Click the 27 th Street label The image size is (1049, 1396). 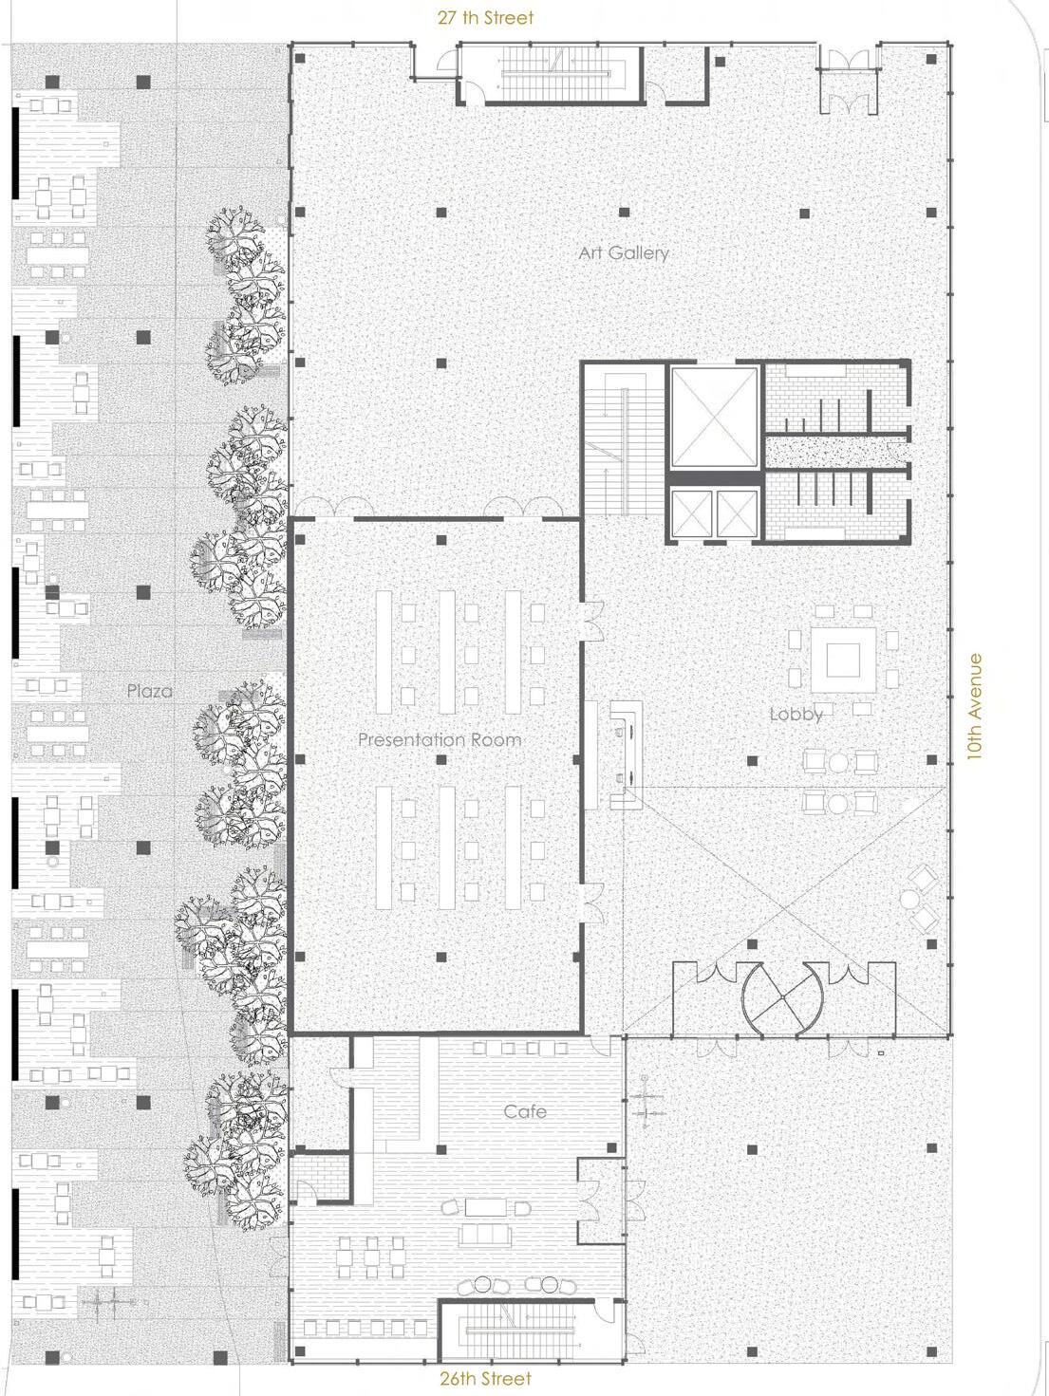tap(485, 18)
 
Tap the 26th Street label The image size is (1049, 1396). tap(485, 1378)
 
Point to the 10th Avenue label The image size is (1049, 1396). tap(974, 707)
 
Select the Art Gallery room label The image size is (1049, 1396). tap(624, 253)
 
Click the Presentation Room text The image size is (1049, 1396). tap(440, 739)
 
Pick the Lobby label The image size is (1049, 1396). tap(796, 715)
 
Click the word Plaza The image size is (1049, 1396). tap(149, 691)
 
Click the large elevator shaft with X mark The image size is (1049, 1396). tap(715, 418)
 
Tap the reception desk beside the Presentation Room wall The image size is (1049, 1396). tap(627, 754)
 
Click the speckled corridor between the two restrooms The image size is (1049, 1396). tap(836, 452)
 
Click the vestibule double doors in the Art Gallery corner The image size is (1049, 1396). tap(850, 81)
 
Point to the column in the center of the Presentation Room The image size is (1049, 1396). tap(440, 759)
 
